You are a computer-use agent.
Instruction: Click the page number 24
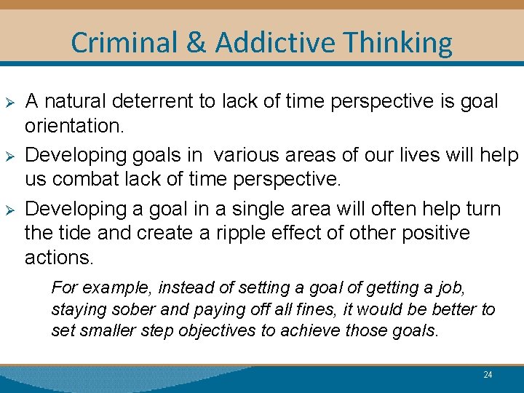click(x=488, y=375)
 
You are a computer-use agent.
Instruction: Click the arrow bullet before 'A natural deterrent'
click(x=9, y=102)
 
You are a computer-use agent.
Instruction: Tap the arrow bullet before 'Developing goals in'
click(x=9, y=156)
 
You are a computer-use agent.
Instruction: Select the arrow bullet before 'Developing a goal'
click(x=9, y=210)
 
